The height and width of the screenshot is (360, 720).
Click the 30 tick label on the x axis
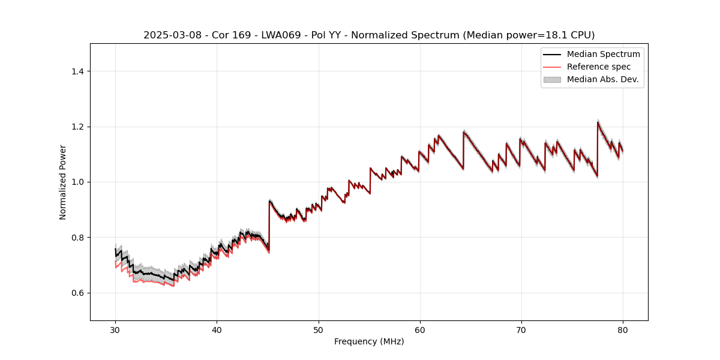[x=115, y=329]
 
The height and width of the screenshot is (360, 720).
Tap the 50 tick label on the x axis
[x=318, y=329]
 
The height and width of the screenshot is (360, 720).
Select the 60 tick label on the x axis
[x=419, y=329]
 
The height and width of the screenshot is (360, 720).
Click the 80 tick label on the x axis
[x=622, y=329]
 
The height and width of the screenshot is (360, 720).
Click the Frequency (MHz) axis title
[x=369, y=341]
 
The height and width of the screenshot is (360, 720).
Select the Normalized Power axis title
[x=62, y=182]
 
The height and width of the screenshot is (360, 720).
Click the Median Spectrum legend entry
[x=603, y=54]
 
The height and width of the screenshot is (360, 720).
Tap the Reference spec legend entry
[x=598, y=67]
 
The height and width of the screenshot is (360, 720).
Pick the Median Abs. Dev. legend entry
[x=602, y=79]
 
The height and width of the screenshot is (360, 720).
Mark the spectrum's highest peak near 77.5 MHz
[x=598, y=122]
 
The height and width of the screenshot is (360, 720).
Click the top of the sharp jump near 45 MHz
[x=269, y=200]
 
